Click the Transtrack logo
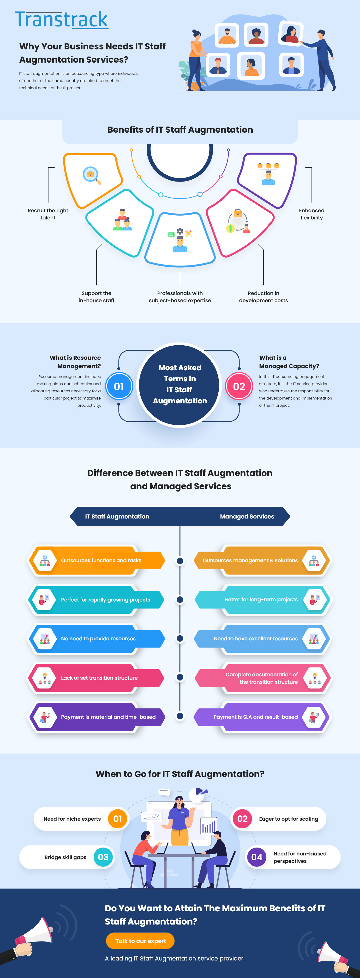pos(61,20)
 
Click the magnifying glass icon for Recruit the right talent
pos(91,175)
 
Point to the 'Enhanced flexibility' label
pos(311,214)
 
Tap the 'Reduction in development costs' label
pos(263,296)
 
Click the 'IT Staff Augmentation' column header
pos(117,516)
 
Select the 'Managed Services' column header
pos(247,516)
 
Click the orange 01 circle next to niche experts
pos(118,819)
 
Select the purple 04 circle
pos(257,857)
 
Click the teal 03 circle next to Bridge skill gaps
pos(103,857)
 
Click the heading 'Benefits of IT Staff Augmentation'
pos(180,130)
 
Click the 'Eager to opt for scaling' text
pos(288,819)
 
